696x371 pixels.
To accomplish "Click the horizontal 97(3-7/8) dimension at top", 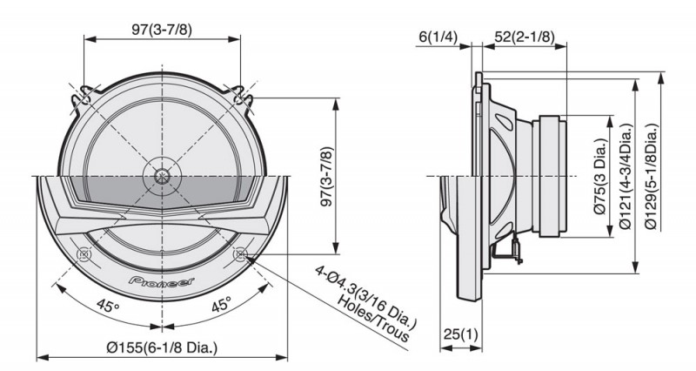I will click(163, 29).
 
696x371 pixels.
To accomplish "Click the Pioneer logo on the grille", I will click(162, 280).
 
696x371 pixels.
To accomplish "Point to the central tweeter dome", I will click(163, 173).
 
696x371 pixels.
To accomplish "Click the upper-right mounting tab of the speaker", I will click(239, 95).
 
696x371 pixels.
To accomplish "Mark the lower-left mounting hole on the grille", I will click(84, 255).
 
